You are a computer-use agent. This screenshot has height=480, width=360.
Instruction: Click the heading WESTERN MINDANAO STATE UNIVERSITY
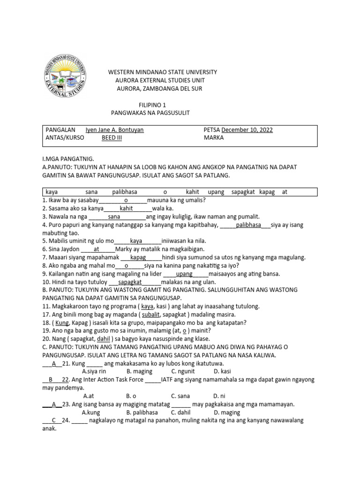pyautogui.click(x=163, y=72)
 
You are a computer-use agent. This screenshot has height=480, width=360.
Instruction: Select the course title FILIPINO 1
pyautogui.click(x=152, y=105)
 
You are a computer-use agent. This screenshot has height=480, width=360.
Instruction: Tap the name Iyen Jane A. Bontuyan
pyautogui.click(x=114, y=130)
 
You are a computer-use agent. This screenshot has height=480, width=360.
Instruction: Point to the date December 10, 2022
pyautogui.click(x=247, y=130)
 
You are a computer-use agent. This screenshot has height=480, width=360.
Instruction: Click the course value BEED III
pyautogui.click(x=112, y=138)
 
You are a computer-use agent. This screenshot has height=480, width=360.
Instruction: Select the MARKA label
pyautogui.click(x=214, y=138)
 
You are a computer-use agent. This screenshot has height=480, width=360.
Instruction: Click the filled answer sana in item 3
pyautogui.click(x=114, y=217)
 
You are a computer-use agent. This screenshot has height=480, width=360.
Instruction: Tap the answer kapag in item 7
pyautogui.click(x=138, y=257)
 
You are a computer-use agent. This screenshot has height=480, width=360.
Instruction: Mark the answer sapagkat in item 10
pyautogui.click(x=130, y=282)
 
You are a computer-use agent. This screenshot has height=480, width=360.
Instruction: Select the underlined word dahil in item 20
pyautogui.click(x=104, y=339)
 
